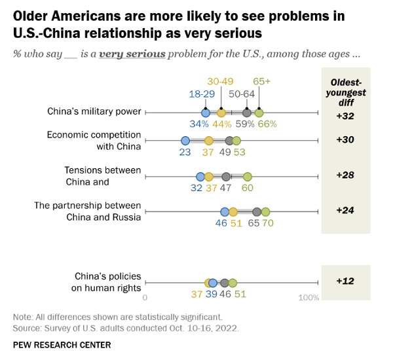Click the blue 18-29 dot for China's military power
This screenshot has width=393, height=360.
[206, 113]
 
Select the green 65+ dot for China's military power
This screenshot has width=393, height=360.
[259, 113]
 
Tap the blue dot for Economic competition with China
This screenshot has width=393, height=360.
[185, 141]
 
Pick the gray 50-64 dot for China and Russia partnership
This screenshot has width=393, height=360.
[257, 211]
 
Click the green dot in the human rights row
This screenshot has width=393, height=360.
[233, 283]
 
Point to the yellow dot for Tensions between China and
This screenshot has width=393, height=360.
[209, 177]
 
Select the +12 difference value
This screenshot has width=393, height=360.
[345, 281]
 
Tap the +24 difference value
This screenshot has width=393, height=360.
[345, 210]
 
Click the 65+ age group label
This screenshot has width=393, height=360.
[262, 82]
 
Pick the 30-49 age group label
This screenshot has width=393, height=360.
[220, 82]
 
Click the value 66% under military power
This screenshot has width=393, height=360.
[267, 124]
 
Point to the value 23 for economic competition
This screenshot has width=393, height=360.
[185, 152]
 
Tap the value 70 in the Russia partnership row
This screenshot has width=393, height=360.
[267, 223]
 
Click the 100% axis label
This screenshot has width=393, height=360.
[308, 298]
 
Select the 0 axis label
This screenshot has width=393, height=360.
[145, 298]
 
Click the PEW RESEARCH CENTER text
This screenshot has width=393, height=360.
[62, 345]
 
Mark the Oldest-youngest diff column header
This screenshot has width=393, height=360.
[345, 92]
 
